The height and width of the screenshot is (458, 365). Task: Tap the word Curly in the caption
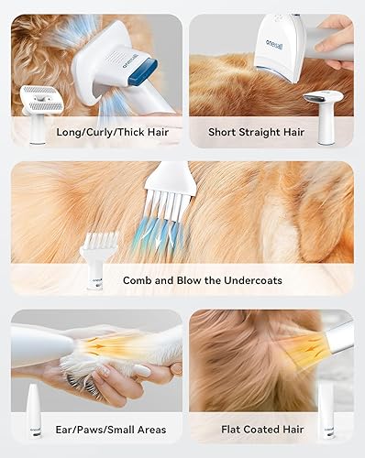coord(100,131)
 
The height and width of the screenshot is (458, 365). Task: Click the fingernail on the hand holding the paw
coord(142,371)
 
